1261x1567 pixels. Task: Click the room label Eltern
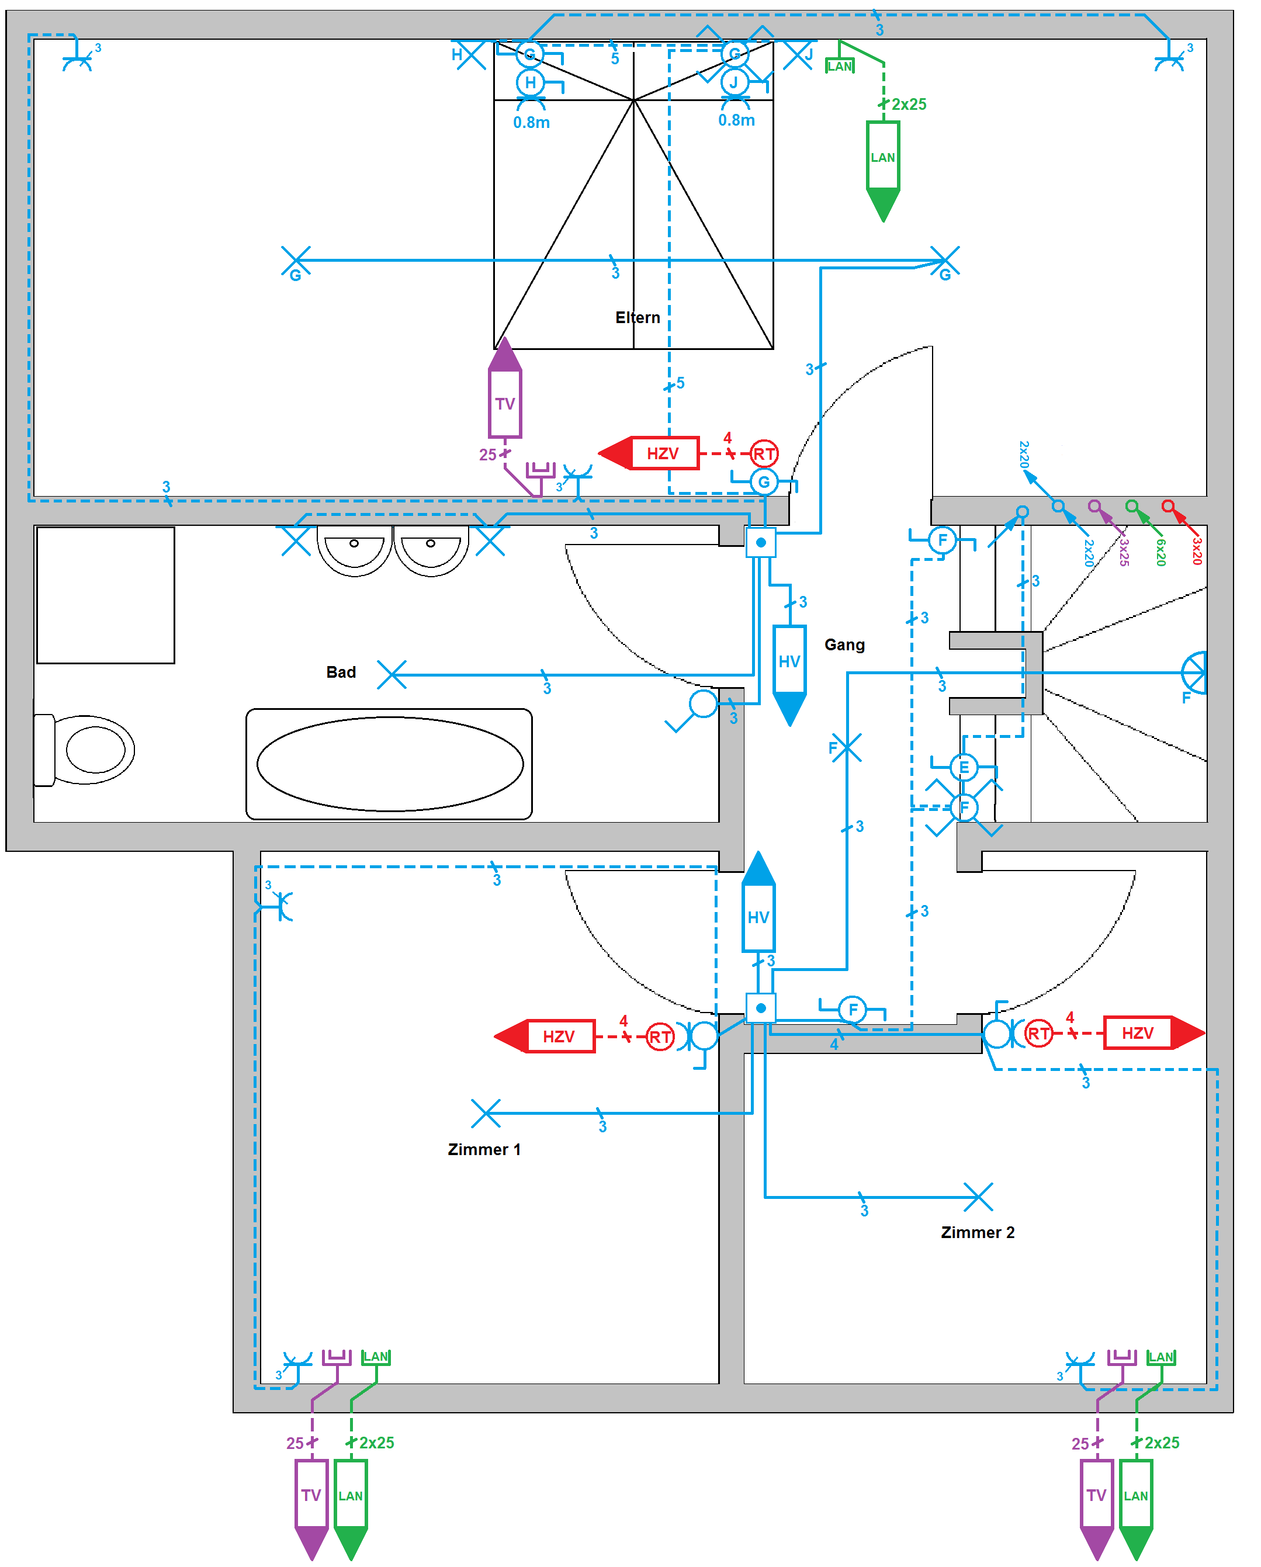(638, 318)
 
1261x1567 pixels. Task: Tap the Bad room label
(341, 672)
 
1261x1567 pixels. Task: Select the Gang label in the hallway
(844, 644)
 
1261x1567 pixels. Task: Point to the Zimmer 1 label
(484, 1149)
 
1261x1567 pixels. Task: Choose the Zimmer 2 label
(978, 1232)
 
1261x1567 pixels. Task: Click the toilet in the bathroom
(86, 750)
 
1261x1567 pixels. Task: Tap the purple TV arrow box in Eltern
(505, 403)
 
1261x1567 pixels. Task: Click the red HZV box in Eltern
(663, 453)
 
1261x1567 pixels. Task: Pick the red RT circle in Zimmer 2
(1038, 1033)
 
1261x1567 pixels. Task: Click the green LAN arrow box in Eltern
(883, 157)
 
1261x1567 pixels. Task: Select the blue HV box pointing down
(789, 661)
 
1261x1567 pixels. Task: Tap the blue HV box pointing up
(758, 917)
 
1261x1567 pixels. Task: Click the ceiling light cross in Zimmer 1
(486, 1113)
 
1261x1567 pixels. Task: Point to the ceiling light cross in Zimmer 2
(978, 1197)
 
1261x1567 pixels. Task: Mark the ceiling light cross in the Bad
(392, 674)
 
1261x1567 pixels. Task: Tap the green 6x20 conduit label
(1160, 552)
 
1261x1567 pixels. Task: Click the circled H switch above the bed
(531, 83)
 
